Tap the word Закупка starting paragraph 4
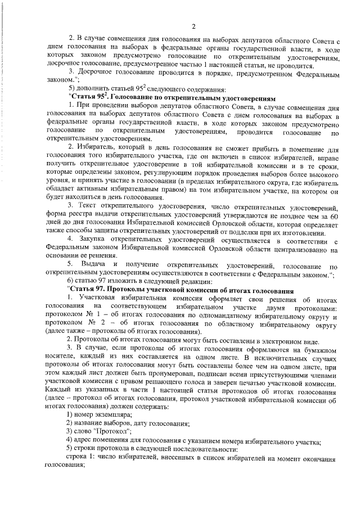pyautogui.click(x=92, y=238)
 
